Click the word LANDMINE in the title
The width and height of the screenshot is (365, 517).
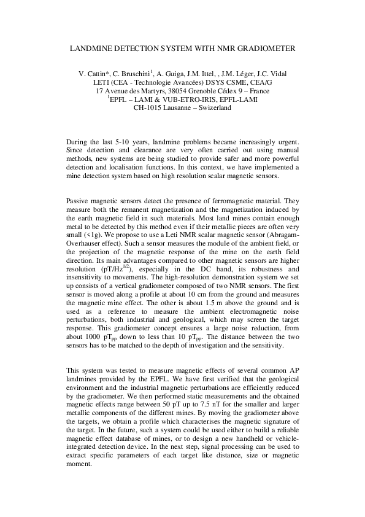point(90,47)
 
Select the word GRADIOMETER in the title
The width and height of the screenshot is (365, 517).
point(267,47)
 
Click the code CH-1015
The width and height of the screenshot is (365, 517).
point(148,108)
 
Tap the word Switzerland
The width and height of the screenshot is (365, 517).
point(211,108)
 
